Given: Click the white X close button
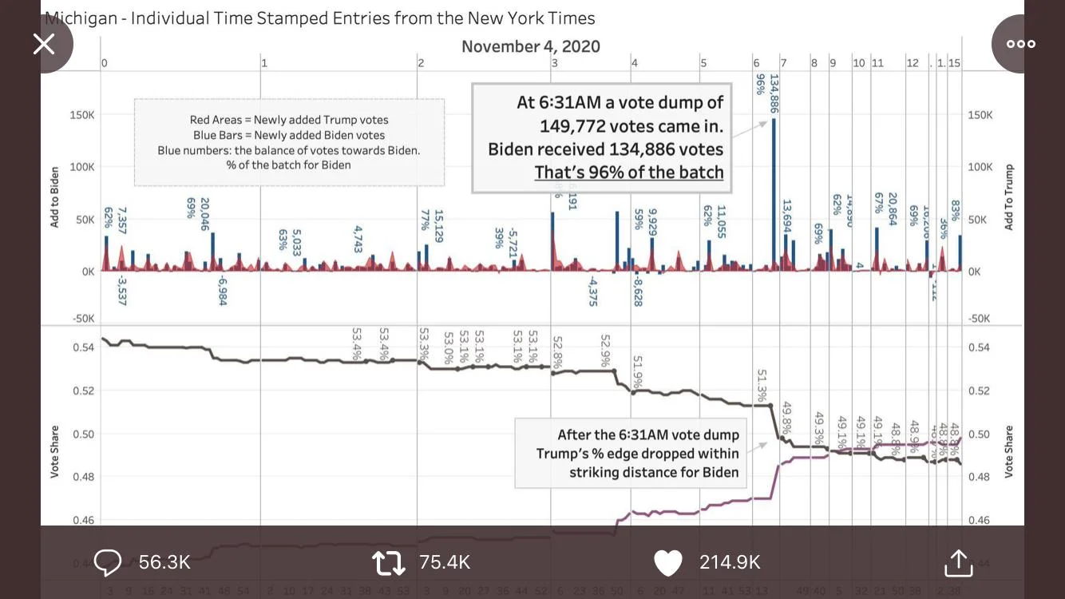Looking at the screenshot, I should coord(44,44).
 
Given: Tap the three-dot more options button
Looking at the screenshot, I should coord(1020,44).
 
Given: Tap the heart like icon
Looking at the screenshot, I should coord(668,563).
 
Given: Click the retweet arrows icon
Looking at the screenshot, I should coord(389,563).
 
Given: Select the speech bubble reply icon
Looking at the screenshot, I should coord(108,562).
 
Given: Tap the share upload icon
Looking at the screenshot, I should coord(958,562).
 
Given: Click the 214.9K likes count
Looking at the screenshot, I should coord(730,562).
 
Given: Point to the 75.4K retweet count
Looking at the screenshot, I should coord(445,562).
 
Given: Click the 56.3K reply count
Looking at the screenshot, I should coord(164,562).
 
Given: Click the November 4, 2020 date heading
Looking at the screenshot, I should coord(530,46).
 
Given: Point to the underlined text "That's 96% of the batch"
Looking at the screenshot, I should coord(628,172).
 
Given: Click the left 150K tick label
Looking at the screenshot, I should coord(82,115).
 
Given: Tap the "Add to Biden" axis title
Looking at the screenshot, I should coord(55,196).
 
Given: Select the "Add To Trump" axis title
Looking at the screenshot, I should coord(1008,197).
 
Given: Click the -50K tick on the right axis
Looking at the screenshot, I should coord(979,319).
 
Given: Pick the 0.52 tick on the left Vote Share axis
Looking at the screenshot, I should coord(84,391).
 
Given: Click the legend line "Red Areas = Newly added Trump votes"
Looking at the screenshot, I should coord(289,120).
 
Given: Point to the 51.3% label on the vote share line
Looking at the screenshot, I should coord(762,385).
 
